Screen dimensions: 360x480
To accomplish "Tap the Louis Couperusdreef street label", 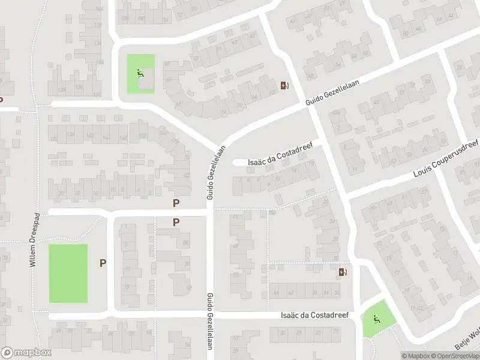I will [x=447, y=160].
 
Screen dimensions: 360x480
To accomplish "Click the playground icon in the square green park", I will [x=140, y=74].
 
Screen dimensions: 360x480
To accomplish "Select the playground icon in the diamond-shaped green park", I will [x=376, y=320].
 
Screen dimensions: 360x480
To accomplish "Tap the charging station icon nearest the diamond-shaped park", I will [x=343, y=272].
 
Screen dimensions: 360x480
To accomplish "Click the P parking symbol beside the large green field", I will [x=103, y=263].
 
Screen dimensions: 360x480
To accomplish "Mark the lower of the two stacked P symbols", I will [x=176, y=222].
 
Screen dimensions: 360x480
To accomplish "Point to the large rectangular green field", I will [x=68, y=273].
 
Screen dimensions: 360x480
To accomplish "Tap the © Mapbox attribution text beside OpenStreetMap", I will [x=416, y=356].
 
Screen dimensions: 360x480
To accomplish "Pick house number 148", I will [x=124, y=139].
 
